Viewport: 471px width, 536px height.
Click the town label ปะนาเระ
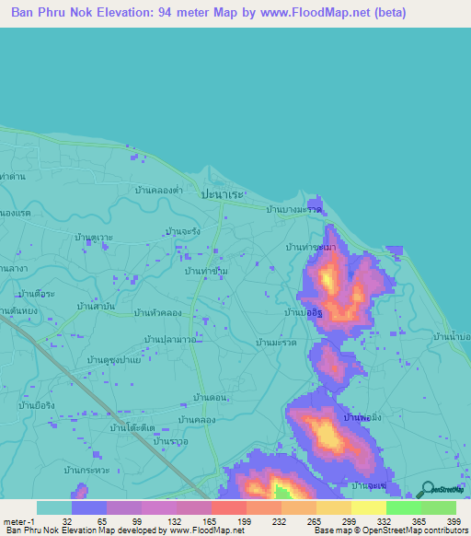pos(224,196)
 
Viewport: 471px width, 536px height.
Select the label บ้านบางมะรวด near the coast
pos(293,210)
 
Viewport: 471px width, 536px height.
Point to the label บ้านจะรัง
pos(184,231)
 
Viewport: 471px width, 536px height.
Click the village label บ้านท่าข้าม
pos(206,272)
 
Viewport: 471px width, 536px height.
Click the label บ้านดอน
pos(211,397)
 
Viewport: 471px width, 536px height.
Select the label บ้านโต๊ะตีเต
pos(132,428)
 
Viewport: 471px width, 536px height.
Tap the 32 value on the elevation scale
pos(67,520)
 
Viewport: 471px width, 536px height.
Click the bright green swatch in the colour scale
pos(403,507)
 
